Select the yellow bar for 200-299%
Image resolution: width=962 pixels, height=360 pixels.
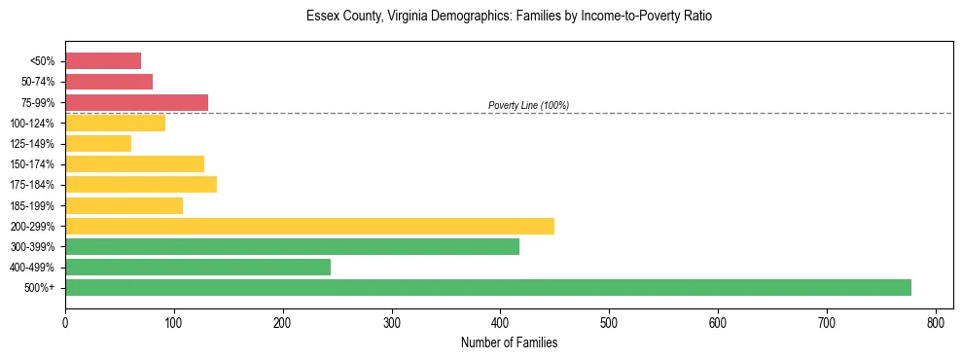(309, 226)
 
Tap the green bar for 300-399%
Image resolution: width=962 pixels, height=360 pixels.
(292, 246)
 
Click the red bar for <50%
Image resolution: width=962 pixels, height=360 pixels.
(103, 61)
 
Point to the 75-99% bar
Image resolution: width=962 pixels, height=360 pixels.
(136, 102)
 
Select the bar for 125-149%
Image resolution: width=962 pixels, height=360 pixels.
(98, 144)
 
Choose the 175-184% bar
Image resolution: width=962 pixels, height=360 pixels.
(141, 185)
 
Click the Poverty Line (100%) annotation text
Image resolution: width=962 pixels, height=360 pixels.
(528, 105)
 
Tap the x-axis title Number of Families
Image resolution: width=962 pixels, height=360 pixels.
(509, 342)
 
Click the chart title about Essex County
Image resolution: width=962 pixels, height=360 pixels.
(509, 17)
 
